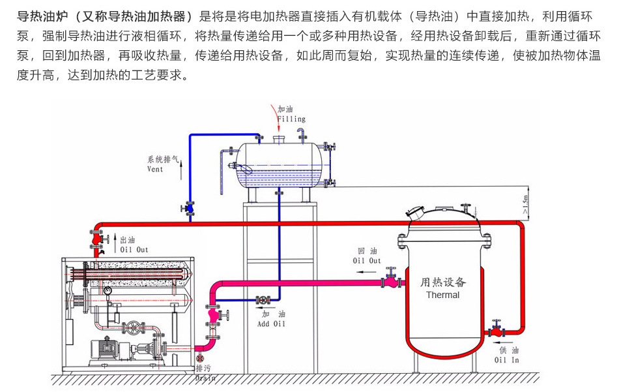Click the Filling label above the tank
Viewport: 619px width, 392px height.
pos(291,119)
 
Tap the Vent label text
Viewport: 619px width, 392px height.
pos(155,170)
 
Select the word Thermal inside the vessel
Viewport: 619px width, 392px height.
pos(442,295)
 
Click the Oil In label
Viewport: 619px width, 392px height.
pos(506,359)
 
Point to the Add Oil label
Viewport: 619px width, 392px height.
pos(271,324)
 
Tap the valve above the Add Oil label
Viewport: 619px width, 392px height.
pos(263,300)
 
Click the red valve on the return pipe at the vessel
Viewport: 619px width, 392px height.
pos(391,281)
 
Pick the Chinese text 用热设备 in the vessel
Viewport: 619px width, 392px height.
pos(443,282)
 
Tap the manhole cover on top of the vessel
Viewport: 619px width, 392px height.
pos(416,213)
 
